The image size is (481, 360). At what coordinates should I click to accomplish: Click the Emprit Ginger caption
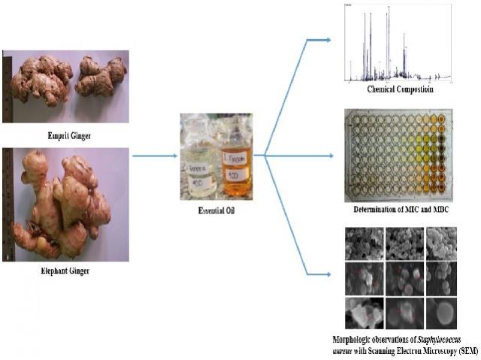pyautogui.click(x=66, y=136)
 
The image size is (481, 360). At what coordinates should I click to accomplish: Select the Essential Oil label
pyautogui.click(x=216, y=211)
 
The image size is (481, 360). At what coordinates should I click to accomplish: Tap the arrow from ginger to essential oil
pyautogui.click(x=154, y=156)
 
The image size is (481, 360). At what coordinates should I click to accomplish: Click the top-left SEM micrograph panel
pyautogui.click(x=363, y=244)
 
